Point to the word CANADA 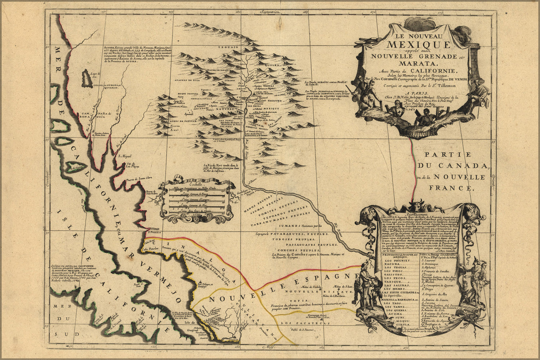(x=467, y=166)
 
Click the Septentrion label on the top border (x=267, y=12)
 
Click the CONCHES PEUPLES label (x=294, y=249)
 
